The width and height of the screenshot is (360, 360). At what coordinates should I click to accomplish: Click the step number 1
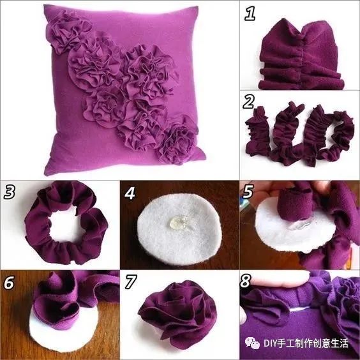click(x=250, y=13)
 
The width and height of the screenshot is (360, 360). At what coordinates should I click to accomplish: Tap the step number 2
click(x=249, y=102)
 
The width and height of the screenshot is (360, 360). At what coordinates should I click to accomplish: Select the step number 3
click(x=10, y=191)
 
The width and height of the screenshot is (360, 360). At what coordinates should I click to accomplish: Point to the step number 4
click(x=130, y=192)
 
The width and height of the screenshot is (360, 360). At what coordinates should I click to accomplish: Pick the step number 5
click(x=248, y=191)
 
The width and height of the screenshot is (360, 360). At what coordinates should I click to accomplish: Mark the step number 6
click(x=9, y=282)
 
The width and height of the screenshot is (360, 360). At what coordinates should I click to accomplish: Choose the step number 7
click(x=130, y=281)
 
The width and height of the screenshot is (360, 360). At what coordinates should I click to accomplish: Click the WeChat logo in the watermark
click(x=253, y=343)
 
